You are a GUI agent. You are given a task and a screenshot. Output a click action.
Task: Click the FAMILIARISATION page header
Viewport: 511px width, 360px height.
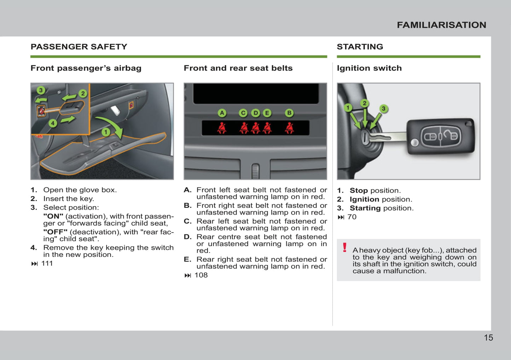pyautogui.click(x=441, y=25)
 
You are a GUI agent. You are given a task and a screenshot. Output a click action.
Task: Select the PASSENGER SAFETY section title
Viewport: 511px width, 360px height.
pyautogui.click(x=79, y=47)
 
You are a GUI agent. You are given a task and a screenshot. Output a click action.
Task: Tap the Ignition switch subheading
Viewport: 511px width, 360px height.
pyautogui.click(x=369, y=68)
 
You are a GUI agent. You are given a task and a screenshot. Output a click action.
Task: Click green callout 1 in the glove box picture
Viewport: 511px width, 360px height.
pyautogui.click(x=106, y=132)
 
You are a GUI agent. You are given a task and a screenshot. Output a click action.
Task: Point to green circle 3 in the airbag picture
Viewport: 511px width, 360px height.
pyautogui.click(x=41, y=90)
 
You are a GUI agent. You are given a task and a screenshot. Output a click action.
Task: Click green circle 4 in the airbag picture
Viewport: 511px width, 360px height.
pyautogui.click(x=53, y=123)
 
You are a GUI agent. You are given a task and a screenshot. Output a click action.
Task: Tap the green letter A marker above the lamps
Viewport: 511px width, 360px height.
pyautogui.click(x=222, y=113)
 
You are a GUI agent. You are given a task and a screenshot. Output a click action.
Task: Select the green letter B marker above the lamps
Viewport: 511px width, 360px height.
pyautogui.click(x=289, y=113)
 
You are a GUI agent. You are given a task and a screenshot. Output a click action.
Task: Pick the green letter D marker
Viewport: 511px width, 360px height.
pyautogui.click(x=255, y=113)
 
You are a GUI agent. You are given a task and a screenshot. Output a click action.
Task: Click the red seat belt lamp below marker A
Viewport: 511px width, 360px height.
pyautogui.click(x=222, y=128)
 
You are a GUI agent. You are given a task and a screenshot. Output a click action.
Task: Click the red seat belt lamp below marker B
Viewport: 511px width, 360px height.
pyautogui.click(x=289, y=128)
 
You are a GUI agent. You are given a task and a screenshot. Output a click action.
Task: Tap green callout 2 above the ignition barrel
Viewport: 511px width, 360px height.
pyautogui.click(x=364, y=103)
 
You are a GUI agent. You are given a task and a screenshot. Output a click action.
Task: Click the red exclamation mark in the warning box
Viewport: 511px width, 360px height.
pyautogui.click(x=344, y=248)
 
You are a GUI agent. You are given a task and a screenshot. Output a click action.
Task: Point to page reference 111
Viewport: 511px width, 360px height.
pyautogui.click(x=47, y=264)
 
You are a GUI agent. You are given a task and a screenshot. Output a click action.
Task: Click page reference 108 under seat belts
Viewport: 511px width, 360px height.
pyautogui.click(x=201, y=275)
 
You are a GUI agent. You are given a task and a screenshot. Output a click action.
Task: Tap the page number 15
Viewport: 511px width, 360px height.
pyautogui.click(x=488, y=338)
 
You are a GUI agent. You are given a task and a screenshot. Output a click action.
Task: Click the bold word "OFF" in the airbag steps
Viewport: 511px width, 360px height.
pyautogui.click(x=55, y=232)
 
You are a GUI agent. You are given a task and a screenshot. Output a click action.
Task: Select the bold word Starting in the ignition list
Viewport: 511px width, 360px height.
pyautogui.click(x=365, y=208)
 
